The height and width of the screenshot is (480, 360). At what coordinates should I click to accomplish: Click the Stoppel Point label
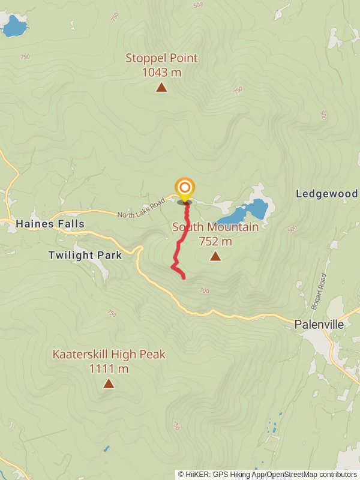161,58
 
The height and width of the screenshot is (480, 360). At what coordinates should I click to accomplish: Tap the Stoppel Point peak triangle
161,88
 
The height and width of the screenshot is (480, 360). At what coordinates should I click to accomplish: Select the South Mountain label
215,227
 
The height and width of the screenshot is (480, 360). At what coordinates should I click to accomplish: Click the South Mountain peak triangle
215,257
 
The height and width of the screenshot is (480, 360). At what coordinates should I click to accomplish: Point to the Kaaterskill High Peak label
109,355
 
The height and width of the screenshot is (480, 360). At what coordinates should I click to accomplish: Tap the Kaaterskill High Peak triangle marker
109,383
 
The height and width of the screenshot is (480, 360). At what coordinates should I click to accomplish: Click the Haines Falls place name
50,224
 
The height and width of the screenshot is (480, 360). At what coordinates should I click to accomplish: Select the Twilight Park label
85,255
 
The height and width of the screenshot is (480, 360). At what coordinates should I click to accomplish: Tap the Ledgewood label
327,194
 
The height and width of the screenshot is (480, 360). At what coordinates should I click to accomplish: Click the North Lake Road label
140,207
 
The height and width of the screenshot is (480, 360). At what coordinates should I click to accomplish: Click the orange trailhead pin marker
184,188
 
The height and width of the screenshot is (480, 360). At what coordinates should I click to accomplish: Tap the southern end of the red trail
183,277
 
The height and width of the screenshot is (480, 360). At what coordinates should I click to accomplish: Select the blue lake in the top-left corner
14,26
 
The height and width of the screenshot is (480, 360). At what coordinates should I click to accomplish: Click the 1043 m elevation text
161,73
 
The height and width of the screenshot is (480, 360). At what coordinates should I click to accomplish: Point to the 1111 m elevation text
109,369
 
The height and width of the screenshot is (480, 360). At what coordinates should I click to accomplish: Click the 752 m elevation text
215,242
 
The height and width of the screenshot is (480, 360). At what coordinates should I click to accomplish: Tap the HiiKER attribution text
267,474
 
